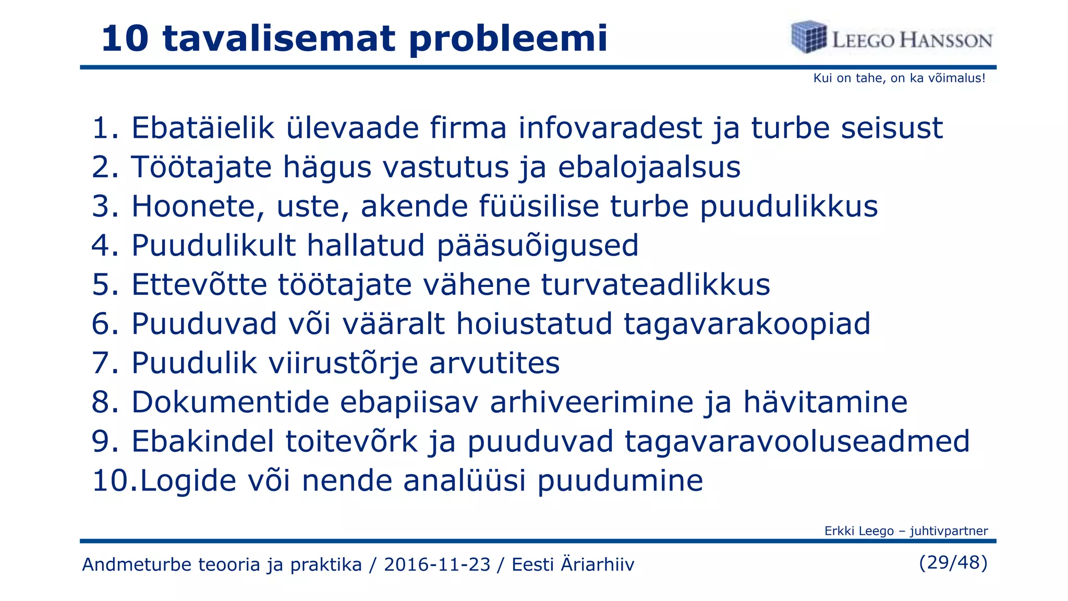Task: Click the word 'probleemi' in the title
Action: (x=508, y=39)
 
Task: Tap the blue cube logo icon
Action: (x=808, y=37)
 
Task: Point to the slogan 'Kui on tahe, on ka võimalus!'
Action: (x=899, y=78)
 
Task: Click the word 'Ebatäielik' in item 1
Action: (x=203, y=128)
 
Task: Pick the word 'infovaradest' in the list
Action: (x=610, y=128)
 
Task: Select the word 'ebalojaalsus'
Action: (x=649, y=167)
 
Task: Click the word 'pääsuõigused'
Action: (x=537, y=245)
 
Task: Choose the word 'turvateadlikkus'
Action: (x=656, y=285)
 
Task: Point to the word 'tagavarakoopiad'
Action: (x=747, y=323)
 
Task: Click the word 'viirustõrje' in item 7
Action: (x=343, y=363)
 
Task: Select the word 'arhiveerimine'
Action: (x=592, y=402)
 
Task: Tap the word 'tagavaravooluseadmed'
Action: (x=797, y=441)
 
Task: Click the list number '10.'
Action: (x=114, y=480)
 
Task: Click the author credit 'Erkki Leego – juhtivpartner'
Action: (x=906, y=531)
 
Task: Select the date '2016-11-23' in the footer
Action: (x=437, y=564)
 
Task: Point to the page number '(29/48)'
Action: (x=953, y=562)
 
